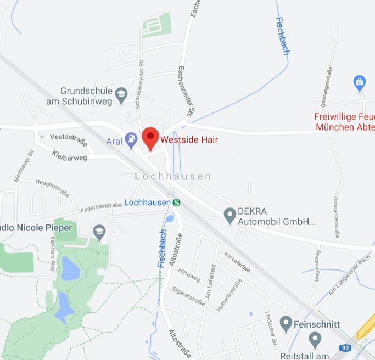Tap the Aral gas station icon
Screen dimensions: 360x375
point(131,140)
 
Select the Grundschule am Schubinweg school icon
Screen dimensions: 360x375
point(121,97)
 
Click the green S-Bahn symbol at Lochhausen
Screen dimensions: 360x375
point(177,202)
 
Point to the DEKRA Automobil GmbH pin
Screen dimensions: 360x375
point(230,215)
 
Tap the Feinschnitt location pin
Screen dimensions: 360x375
point(286,324)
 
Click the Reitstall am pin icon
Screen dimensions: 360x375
point(315,340)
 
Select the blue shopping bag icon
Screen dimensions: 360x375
point(360,83)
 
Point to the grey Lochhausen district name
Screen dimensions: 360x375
point(173,176)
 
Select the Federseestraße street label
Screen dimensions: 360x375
point(101,207)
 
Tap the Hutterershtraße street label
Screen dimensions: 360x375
point(229,295)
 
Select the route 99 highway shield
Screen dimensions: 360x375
point(345,348)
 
